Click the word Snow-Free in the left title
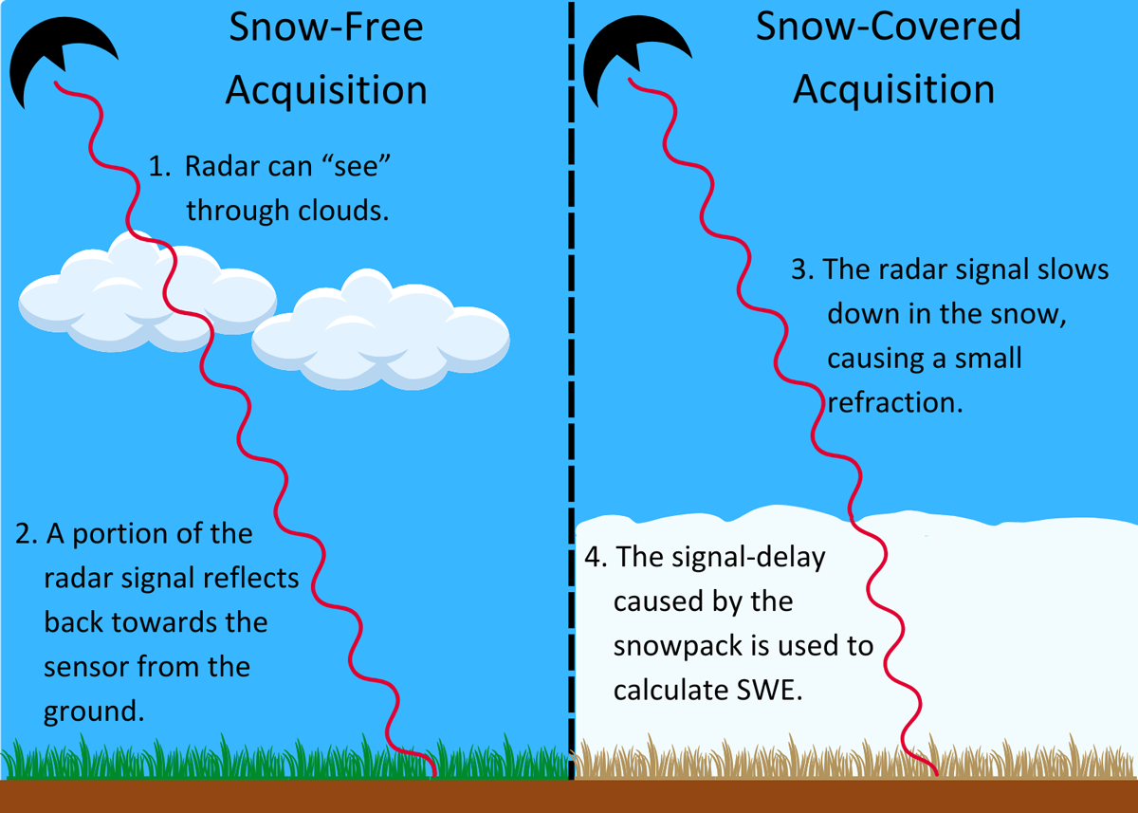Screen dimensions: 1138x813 click(325, 27)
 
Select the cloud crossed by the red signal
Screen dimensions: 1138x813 click(147, 292)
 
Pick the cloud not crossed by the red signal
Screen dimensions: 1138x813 click(381, 330)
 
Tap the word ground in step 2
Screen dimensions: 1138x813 click(94, 711)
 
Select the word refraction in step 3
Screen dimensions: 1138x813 click(895, 402)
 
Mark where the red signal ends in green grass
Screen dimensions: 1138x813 click(435, 775)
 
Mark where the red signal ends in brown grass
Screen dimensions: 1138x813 click(937, 774)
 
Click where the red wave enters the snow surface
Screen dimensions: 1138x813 click(851, 517)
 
